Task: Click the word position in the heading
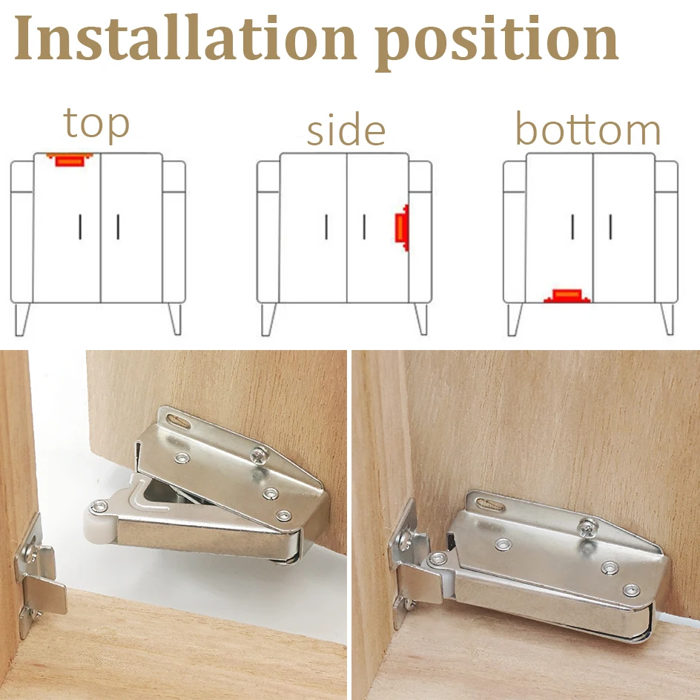pyautogui.click(x=497, y=42)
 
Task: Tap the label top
pyautogui.click(x=96, y=124)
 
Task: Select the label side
pyautogui.click(x=346, y=131)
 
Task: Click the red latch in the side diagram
pyautogui.click(x=401, y=229)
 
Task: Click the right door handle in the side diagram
pyautogui.click(x=364, y=226)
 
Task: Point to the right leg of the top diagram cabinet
pyautogui.click(x=174, y=318)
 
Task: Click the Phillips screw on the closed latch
pyautogui.click(x=586, y=529)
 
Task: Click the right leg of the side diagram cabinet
pyautogui.click(x=420, y=318)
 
